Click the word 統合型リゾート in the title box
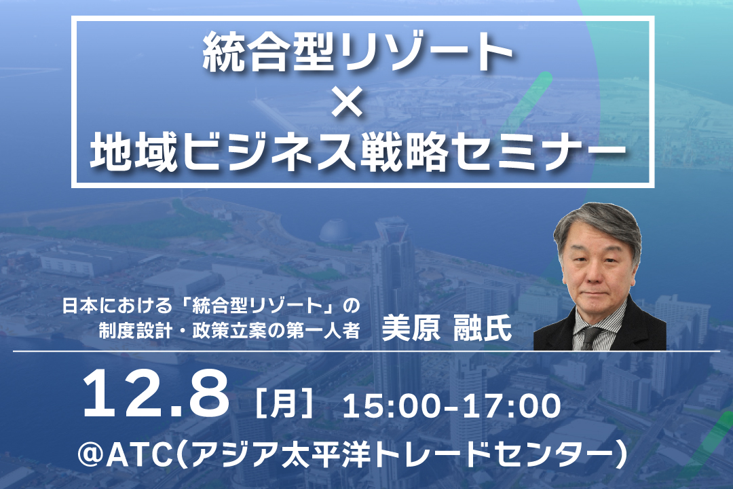coord(358,52)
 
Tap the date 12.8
coord(155,394)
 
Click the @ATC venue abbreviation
coord(126,454)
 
